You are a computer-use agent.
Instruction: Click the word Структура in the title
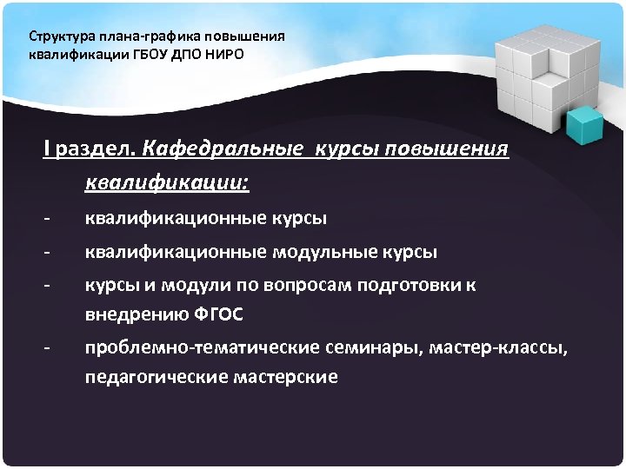coord(57,37)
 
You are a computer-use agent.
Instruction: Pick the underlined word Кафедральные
coord(216,149)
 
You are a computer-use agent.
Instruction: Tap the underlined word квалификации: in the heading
coord(166,183)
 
